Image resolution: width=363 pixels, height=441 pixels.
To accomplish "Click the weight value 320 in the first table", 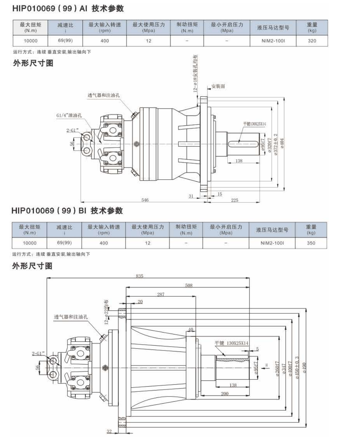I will pyautogui.click(x=312, y=41).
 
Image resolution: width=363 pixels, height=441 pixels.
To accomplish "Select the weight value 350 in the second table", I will pyautogui.click(x=311, y=243).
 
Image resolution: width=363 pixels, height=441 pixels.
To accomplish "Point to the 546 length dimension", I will pyautogui.click(x=145, y=200).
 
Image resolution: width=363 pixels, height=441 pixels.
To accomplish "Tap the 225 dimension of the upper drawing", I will pyautogui.click(x=235, y=200).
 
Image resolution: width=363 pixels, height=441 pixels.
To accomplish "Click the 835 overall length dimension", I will pyautogui.click(x=139, y=276).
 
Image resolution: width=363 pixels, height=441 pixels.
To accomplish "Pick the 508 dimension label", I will pyautogui.click(x=189, y=285).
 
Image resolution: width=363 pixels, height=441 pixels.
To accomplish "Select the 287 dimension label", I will pyautogui.click(x=161, y=294).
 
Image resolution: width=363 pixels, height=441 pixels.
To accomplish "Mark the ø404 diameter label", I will pyautogui.click(x=282, y=143).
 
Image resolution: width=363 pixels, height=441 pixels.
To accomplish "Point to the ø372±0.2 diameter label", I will pyautogui.click(x=276, y=145).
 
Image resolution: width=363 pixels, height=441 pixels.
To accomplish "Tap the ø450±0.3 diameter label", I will pyautogui.click(x=297, y=368).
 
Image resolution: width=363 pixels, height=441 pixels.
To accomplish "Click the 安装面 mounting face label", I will pyautogui.click(x=218, y=86).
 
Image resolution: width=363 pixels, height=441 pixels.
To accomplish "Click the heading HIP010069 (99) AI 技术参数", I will pyautogui.click(x=68, y=8).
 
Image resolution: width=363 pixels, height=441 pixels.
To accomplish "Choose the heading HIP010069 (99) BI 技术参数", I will pyautogui.click(x=67, y=211).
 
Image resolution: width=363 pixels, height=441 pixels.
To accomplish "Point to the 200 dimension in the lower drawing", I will pyautogui.click(x=225, y=394).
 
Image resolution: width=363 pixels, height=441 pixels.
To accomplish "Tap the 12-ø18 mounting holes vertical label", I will pyautogui.click(x=196, y=73).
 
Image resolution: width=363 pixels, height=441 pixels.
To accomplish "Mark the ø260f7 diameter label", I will pyautogui.click(x=277, y=369).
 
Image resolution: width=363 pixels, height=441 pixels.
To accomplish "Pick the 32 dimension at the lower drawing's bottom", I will pyautogui.click(x=109, y=432).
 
